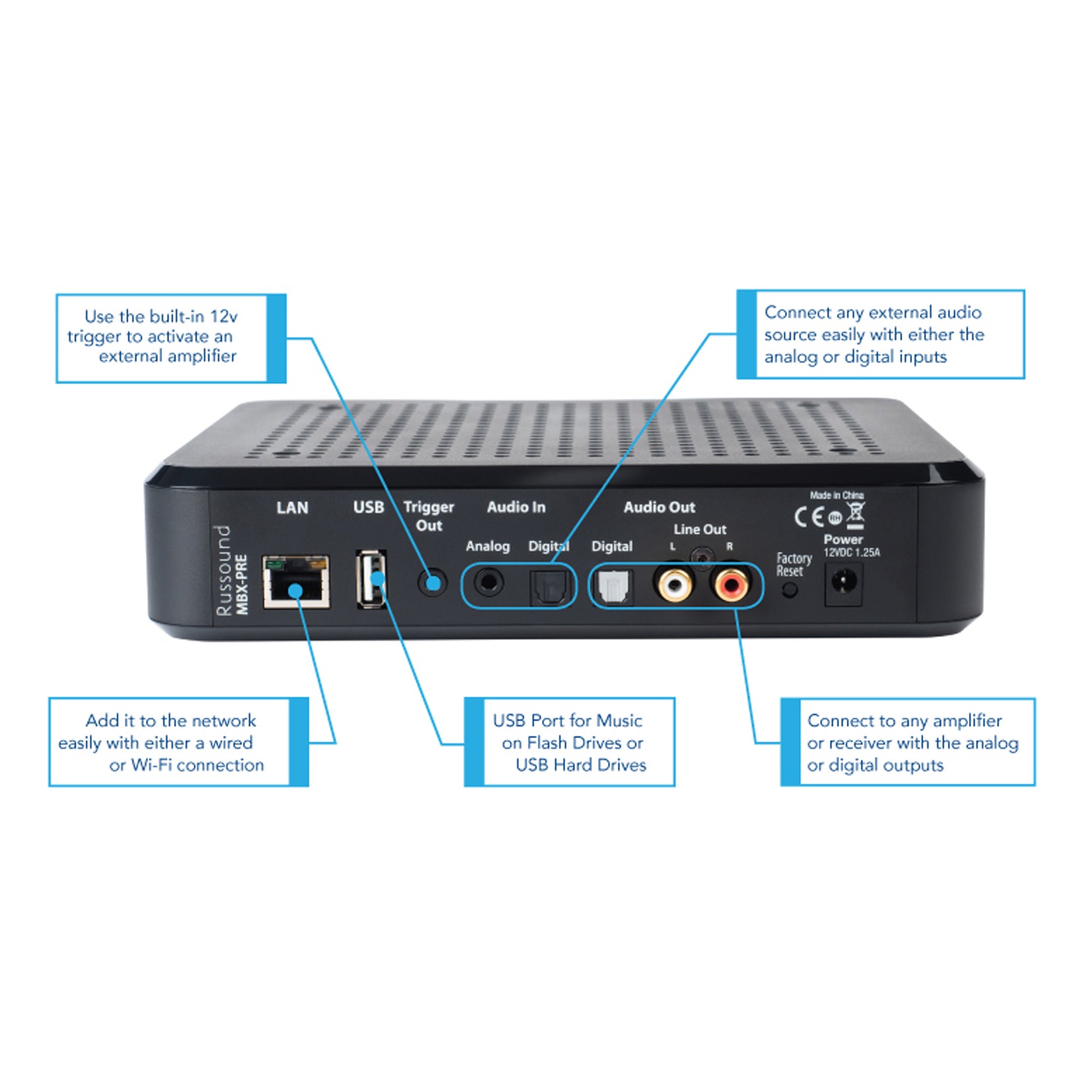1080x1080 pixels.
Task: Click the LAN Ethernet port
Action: pos(296,582)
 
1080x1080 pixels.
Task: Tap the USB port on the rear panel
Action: pos(371,580)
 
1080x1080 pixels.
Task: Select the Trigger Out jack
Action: pos(433,583)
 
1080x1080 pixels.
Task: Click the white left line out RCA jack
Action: pos(674,583)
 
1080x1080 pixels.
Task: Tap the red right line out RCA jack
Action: pos(730,583)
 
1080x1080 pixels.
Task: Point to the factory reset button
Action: pos(790,590)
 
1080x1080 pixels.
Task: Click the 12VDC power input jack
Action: pos(844,583)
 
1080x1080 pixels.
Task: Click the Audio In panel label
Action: pos(516,507)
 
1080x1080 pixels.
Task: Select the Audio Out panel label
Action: pos(659,507)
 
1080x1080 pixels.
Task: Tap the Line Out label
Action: pos(699,529)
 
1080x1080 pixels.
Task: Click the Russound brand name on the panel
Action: pos(224,570)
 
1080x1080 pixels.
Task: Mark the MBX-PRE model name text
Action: pos(242,585)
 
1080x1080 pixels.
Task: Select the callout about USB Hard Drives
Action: pos(570,742)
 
